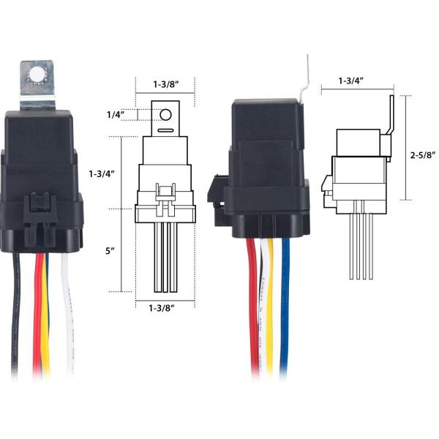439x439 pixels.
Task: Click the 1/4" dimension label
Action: click(x=114, y=115)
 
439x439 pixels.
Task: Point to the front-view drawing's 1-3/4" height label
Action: click(x=103, y=173)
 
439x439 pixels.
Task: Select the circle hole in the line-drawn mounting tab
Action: click(x=167, y=114)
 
